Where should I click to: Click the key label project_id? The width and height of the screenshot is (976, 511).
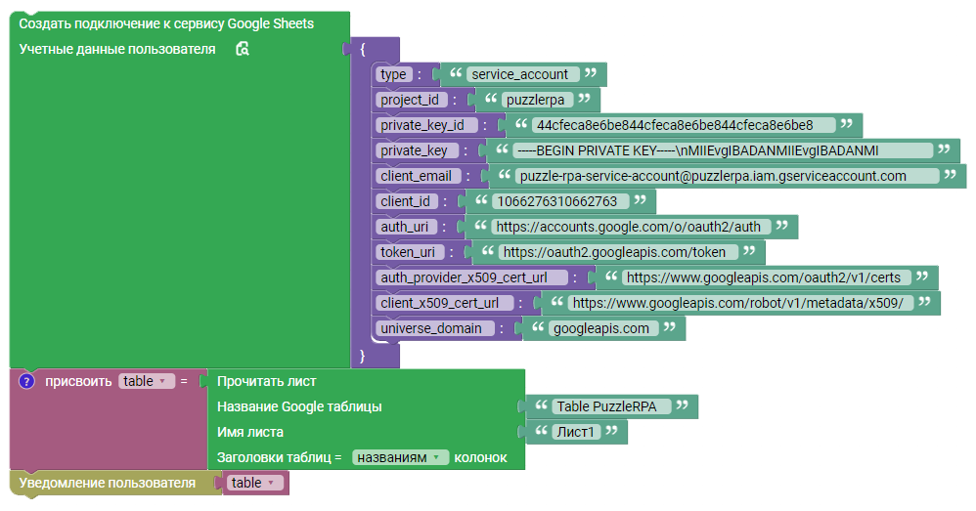pyautogui.click(x=410, y=100)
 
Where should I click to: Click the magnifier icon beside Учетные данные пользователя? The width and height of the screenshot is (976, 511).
pyautogui.click(x=243, y=49)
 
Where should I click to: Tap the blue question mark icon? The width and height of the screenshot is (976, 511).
pyautogui.click(x=26, y=381)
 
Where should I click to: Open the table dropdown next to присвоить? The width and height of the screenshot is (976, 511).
pyautogui.click(x=147, y=381)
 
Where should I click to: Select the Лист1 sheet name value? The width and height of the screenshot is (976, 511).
pyautogui.click(x=576, y=433)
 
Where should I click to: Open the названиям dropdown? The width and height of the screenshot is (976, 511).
pyautogui.click(x=400, y=458)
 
